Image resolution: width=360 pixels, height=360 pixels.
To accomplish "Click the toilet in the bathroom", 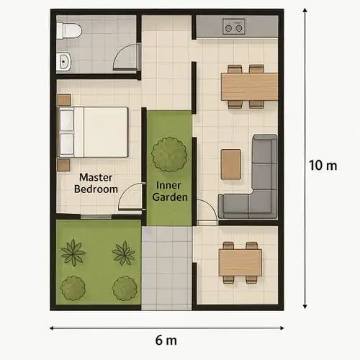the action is [x=69, y=31].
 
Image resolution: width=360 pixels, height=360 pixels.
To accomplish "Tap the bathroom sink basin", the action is [x=64, y=61].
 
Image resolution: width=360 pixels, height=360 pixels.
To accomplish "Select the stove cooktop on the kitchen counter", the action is [x=234, y=27].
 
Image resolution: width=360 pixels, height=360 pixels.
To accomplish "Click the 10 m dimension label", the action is [x=323, y=166].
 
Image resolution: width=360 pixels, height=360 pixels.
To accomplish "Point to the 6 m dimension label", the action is [x=166, y=341].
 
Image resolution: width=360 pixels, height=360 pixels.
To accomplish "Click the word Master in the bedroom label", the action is [x=96, y=178].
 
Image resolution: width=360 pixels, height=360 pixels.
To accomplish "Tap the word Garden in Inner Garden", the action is [x=170, y=197].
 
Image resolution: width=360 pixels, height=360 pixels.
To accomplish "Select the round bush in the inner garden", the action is [x=169, y=154].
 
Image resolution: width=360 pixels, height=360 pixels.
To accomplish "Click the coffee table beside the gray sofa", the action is [x=230, y=164].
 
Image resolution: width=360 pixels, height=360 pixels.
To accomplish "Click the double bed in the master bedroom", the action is [x=93, y=132].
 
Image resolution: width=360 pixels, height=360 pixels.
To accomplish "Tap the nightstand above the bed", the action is [x=64, y=100].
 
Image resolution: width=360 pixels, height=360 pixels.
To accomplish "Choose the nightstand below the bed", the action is [x=63, y=165].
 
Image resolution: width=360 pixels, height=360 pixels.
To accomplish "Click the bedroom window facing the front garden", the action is [x=96, y=217].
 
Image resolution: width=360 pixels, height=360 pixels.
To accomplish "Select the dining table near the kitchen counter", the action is [x=250, y=86].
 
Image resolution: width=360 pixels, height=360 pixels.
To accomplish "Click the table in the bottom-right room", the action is [x=240, y=263].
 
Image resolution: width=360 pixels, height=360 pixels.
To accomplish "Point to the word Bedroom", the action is [x=96, y=189].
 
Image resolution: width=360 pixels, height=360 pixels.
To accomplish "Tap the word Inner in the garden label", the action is [x=168, y=186].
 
